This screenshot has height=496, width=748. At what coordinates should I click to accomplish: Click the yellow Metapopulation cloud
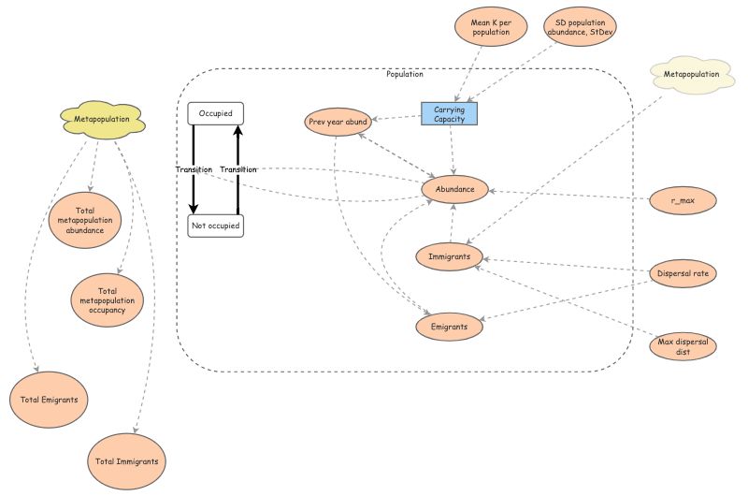click(x=101, y=120)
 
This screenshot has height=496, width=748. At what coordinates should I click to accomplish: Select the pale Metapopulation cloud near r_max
click(x=691, y=74)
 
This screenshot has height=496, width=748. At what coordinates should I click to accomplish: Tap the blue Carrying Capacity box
click(x=449, y=113)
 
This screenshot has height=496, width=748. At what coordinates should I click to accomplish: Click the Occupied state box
click(x=215, y=113)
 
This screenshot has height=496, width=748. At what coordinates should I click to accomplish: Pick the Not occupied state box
click(x=215, y=226)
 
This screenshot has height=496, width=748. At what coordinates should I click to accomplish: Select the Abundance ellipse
click(x=454, y=190)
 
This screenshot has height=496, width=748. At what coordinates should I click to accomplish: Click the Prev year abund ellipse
click(x=338, y=122)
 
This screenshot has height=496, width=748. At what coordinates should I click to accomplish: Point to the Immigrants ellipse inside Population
click(x=449, y=255)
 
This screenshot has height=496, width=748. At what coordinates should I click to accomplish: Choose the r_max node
click(x=683, y=200)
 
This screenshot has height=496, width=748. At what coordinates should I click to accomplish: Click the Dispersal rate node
click(x=683, y=273)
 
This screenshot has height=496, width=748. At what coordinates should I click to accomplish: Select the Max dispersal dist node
click(x=683, y=345)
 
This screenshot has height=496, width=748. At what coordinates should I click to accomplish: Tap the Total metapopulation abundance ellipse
click(x=85, y=218)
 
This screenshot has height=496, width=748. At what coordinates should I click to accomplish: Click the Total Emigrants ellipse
click(x=49, y=400)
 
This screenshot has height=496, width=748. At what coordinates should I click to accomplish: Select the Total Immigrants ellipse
click(x=127, y=461)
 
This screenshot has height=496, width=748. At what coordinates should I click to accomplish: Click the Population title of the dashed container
click(x=405, y=74)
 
